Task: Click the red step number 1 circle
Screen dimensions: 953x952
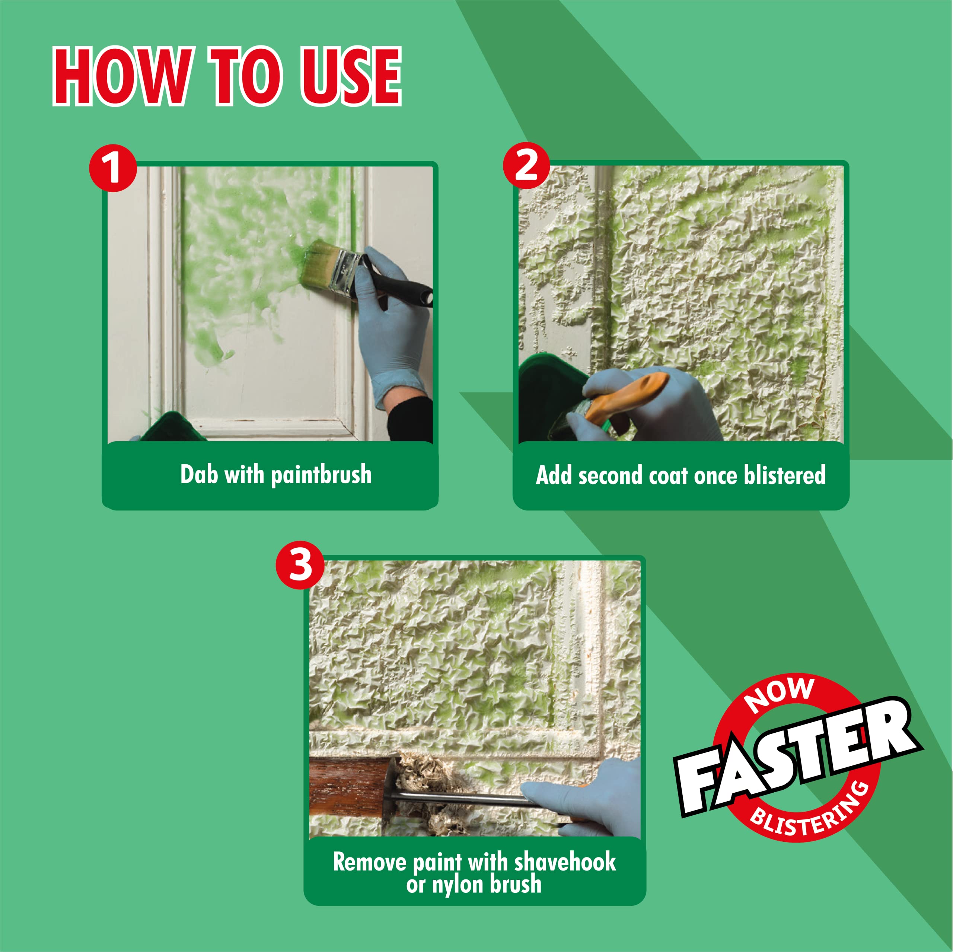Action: pos(113,168)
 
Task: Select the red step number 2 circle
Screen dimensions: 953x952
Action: pos(527,166)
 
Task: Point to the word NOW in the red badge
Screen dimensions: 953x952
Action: pos(780,695)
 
